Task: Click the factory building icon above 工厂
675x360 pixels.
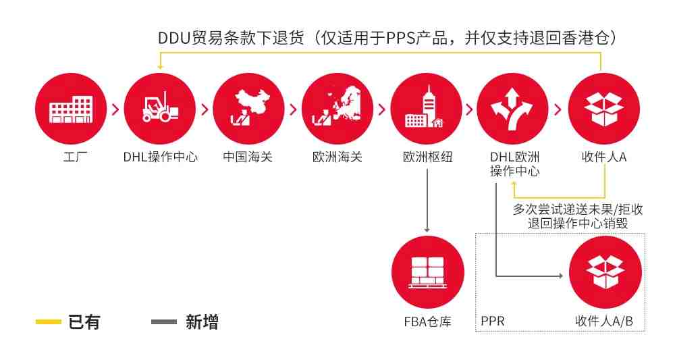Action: click(71, 109)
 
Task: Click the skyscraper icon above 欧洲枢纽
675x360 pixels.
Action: click(426, 109)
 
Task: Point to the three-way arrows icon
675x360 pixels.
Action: click(513, 109)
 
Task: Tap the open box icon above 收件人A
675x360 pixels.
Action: click(604, 109)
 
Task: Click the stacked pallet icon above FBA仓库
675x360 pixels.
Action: click(428, 272)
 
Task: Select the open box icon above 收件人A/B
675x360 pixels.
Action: click(605, 272)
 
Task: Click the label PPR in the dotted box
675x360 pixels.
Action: click(493, 322)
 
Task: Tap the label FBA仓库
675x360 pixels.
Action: click(427, 322)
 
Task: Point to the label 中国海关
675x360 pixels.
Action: click(248, 157)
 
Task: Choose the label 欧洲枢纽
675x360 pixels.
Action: click(427, 157)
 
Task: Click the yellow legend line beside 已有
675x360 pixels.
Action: click(48, 322)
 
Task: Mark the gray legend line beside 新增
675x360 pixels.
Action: click(164, 322)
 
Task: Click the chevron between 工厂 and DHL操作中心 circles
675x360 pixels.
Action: click(115, 109)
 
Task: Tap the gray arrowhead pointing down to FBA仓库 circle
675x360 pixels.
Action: click(427, 230)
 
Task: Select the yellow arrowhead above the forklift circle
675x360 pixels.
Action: click(160, 67)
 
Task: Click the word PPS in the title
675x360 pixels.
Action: click(401, 38)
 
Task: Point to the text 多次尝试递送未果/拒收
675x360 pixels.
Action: click(578, 209)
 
